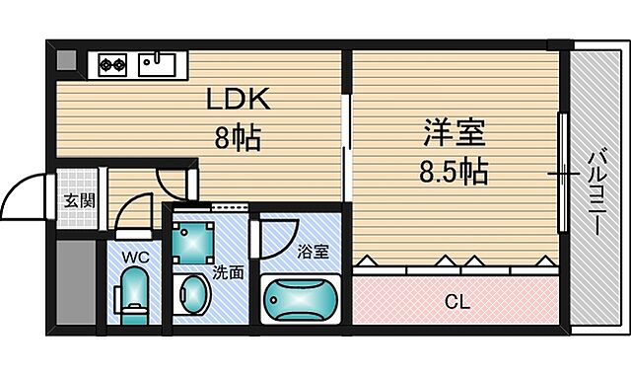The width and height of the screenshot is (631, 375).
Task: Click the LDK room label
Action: [237, 101]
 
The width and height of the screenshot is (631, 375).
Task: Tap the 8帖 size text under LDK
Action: [237, 138]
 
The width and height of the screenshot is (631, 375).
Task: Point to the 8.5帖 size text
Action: [453, 173]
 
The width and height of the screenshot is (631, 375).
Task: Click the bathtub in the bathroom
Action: [301, 298]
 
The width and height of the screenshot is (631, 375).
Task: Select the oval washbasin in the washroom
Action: [193, 295]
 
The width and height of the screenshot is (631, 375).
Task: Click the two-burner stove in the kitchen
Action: [111, 66]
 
